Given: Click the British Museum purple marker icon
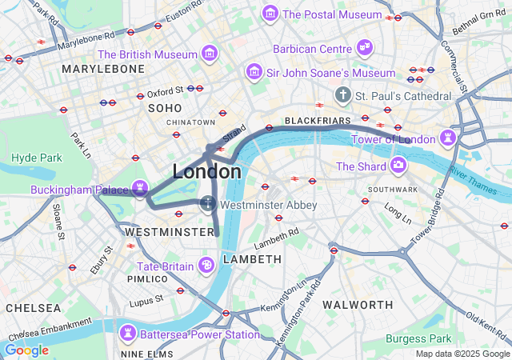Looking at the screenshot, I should [210, 54].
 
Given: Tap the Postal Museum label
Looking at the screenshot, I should [331, 14].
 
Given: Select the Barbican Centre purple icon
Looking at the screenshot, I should [365, 48].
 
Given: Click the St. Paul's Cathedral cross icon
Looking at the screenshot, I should [343, 96].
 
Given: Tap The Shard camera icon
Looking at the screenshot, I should [398, 166].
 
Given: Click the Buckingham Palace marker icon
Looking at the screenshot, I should [141, 190].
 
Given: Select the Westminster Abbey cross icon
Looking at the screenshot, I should [208, 205].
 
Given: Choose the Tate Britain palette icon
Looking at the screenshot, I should [206, 266].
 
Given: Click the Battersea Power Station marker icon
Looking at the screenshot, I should [127, 333].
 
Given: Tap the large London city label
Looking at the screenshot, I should [206, 172].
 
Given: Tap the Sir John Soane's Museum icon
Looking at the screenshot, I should [254, 73].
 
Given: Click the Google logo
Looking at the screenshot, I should [26, 350].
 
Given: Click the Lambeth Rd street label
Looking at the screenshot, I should [276, 237].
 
